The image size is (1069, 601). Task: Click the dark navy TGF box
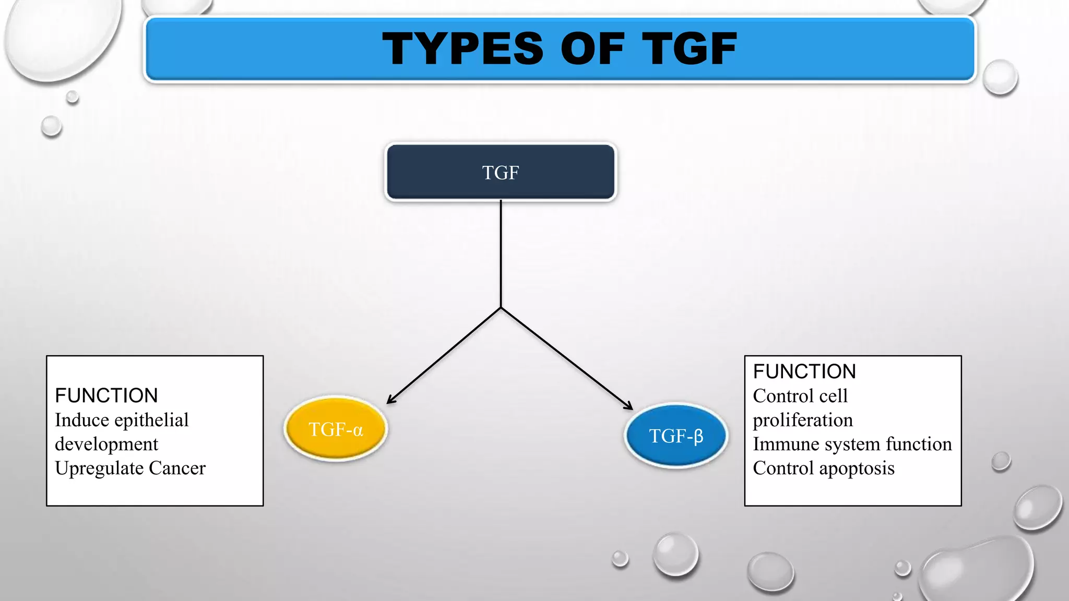click(x=501, y=172)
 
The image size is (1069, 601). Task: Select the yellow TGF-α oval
click(x=336, y=429)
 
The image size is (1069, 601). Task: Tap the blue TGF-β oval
click(x=676, y=436)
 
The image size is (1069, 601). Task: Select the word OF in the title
click(x=592, y=49)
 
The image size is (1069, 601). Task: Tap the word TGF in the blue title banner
click(x=689, y=49)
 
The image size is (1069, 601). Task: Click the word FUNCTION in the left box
click(x=106, y=395)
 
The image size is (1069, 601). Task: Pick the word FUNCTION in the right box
click(x=804, y=371)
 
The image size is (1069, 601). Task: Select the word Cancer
click(x=177, y=468)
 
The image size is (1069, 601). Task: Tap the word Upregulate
click(x=99, y=469)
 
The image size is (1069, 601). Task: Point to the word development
click(x=106, y=444)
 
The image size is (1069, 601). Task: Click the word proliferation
click(x=803, y=420)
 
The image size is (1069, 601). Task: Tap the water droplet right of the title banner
click(x=1000, y=77)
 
